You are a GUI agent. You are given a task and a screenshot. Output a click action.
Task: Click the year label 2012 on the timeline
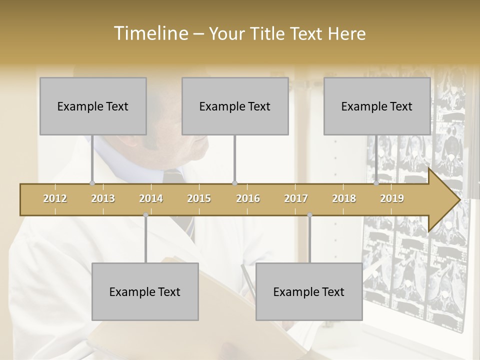click(55, 198)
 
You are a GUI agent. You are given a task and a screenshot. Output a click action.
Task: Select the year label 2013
click(103, 198)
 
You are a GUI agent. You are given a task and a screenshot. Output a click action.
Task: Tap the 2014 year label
click(151, 198)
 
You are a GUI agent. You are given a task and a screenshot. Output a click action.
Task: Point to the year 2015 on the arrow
click(199, 198)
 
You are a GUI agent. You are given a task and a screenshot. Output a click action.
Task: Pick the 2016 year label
click(248, 198)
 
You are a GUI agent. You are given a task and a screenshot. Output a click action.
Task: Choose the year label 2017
click(296, 198)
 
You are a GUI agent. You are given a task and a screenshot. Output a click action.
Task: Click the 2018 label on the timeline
click(344, 198)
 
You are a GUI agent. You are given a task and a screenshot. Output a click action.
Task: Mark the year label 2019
click(392, 198)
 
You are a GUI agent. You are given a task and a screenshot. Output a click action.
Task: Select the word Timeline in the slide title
click(149, 33)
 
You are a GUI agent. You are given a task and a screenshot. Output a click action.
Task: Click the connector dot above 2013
click(92, 183)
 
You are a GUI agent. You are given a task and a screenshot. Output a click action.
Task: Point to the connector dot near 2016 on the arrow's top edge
click(234, 183)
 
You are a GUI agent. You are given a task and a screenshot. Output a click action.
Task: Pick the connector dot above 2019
click(376, 183)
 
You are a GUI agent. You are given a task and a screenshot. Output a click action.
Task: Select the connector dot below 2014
click(145, 215)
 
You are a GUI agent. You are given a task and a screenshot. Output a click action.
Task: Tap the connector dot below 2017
click(309, 215)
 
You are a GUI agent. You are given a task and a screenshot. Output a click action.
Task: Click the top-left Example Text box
click(93, 106)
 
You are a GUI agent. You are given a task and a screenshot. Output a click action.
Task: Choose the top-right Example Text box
click(377, 106)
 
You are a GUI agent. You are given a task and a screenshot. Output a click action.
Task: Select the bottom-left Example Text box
click(145, 291)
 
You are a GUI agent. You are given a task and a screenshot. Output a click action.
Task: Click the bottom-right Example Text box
click(309, 291)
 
